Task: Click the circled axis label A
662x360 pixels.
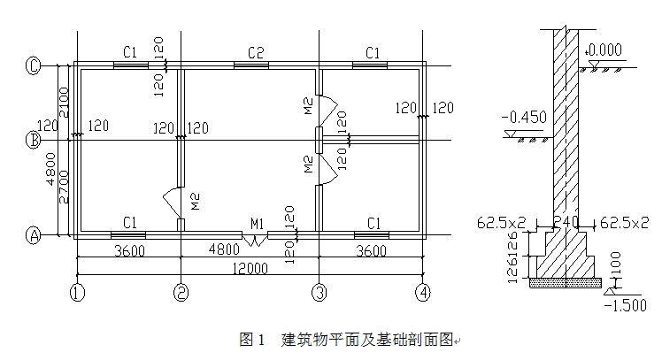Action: [34, 235]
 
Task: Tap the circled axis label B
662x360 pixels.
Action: [34, 140]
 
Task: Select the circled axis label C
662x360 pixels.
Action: [34, 65]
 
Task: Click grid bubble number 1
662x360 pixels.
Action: [78, 290]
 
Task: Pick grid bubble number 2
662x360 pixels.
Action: [181, 290]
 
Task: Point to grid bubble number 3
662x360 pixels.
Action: [318, 290]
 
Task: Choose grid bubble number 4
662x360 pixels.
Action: [425, 290]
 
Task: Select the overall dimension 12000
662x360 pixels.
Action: [250, 268]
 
